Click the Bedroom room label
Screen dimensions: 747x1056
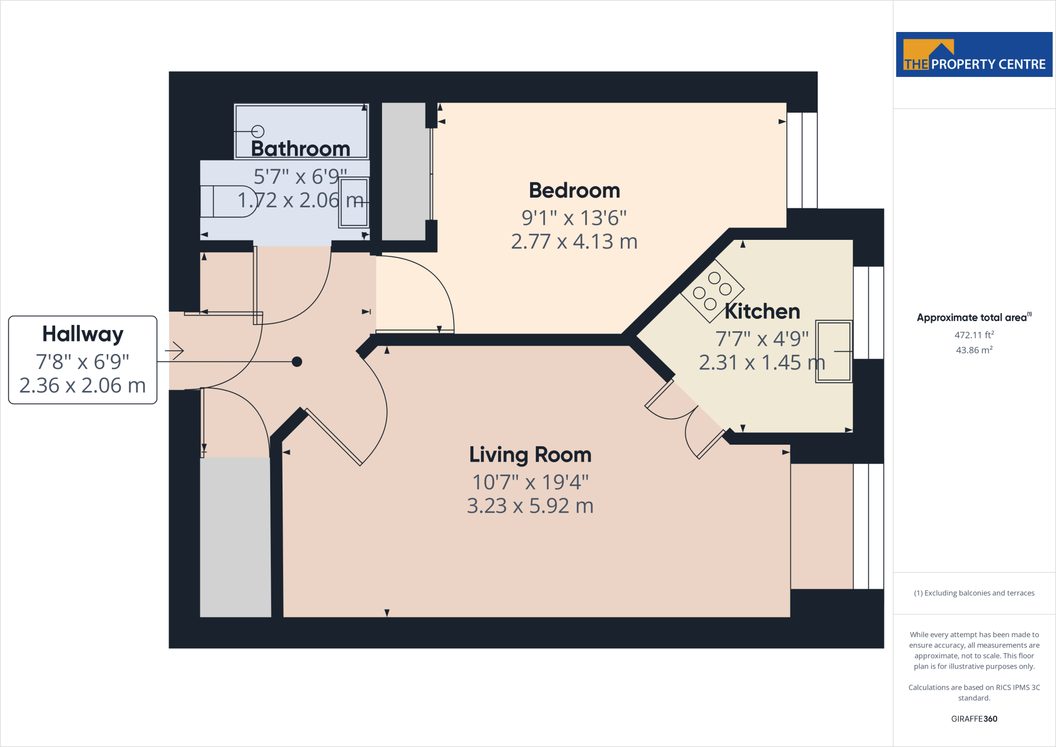[574, 190]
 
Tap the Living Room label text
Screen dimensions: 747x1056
[530, 454]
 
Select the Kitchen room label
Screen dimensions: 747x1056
[762, 312]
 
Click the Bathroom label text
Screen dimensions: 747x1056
[301, 149]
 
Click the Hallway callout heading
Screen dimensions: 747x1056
[83, 334]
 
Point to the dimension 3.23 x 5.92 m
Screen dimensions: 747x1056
[530, 506]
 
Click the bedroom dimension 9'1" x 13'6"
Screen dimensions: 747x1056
[574, 218]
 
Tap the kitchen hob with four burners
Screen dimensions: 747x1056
[712, 291]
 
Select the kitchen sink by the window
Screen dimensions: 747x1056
[833, 351]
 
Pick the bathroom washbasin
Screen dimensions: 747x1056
[354, 202]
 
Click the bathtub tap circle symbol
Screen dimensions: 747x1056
[258, 132]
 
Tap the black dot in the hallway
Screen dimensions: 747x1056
[297, 362]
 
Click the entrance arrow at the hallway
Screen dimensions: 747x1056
[175, 351]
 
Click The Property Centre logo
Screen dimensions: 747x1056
[973, 55]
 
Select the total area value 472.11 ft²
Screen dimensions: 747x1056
[973, 335]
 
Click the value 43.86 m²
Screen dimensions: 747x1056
[973, 350]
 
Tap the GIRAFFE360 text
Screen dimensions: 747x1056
[973, 719]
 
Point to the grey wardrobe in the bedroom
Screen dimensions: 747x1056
[404, 171]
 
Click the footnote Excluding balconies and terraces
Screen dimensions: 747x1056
[973, 593]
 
